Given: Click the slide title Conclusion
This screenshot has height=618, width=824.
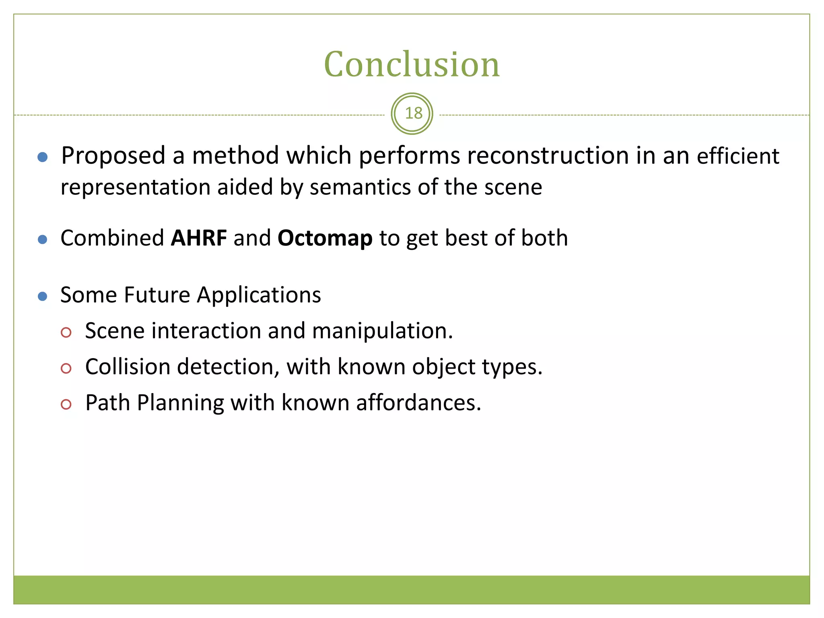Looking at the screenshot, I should tap(412, 64).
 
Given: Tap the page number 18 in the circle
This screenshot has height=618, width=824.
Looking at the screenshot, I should tap(413, 113).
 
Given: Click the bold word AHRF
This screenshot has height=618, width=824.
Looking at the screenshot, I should tap(199, 238).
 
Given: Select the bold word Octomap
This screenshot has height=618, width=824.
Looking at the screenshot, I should tap(325, 239).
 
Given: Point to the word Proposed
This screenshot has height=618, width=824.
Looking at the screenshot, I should tap(113, 156).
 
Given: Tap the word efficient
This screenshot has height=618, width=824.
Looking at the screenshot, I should tap(738, 156).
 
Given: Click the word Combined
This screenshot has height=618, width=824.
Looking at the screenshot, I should tap(112, 239).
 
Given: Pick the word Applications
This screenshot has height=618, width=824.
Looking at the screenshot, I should tap(259, 296).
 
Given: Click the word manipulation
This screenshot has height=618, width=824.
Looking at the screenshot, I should tap(382, 331).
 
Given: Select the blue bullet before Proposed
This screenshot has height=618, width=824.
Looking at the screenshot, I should tap(43, 157).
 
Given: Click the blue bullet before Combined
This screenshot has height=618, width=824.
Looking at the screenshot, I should tap(42, 240).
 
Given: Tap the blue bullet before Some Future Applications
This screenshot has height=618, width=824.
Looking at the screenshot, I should tap(42, 297).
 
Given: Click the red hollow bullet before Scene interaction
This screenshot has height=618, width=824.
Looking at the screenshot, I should tap(66, 332).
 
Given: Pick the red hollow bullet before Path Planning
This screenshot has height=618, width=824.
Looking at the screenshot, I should tap(66, 404).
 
